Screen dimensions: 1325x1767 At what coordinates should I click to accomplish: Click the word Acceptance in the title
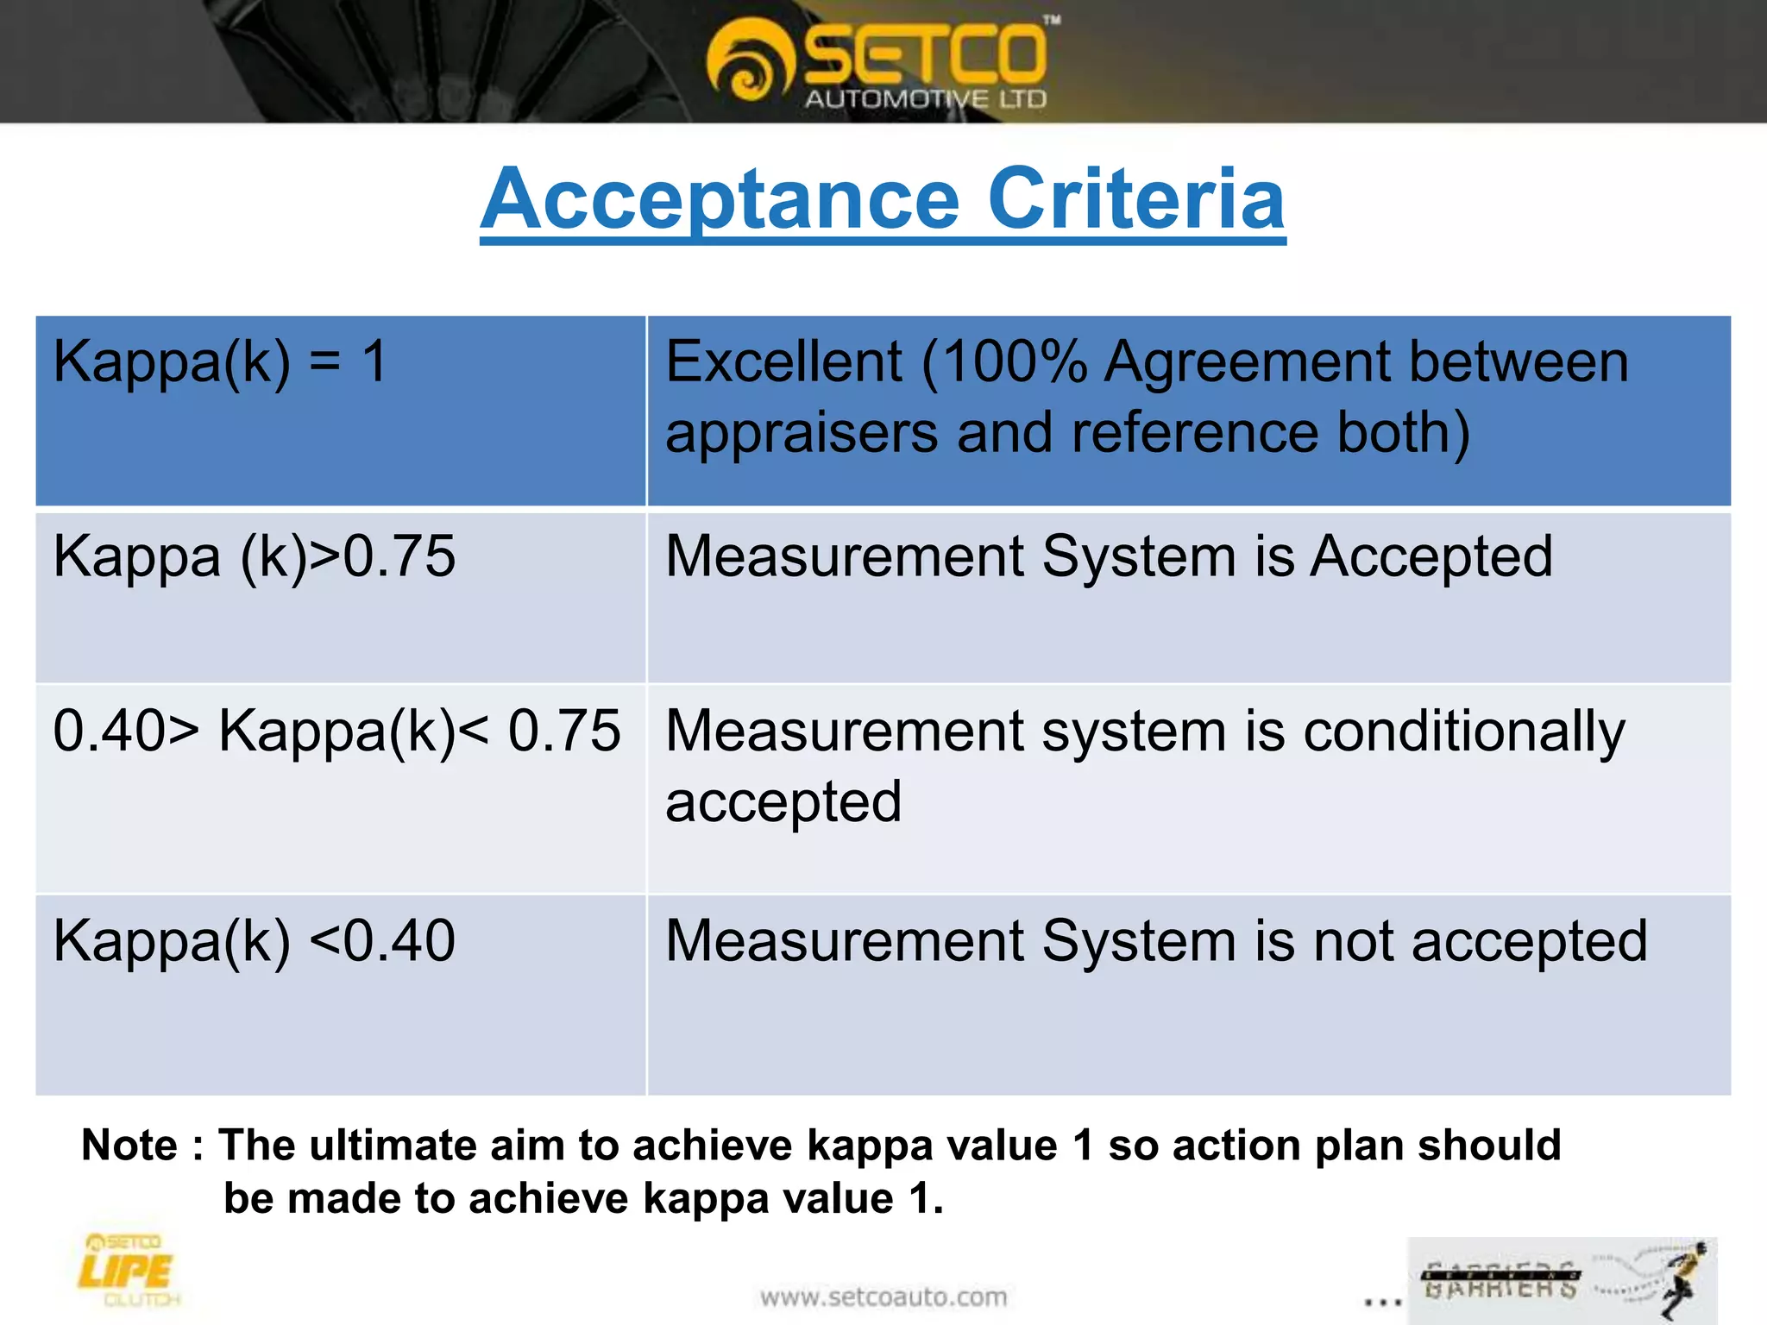[x=720, y=200]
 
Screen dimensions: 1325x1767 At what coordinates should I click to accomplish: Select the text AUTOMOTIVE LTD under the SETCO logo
[x=925, y=99]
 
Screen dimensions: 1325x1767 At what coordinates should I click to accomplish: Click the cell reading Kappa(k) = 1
[x=220, y=361]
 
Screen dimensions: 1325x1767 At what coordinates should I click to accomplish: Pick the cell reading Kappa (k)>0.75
[x=254, y=556]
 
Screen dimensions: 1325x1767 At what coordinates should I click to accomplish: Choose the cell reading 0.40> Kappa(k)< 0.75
[x=336, y=732]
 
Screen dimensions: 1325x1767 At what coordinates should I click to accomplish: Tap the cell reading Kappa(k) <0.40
[x=254, y=941]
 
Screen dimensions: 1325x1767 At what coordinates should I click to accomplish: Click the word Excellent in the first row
[x=783, y=361]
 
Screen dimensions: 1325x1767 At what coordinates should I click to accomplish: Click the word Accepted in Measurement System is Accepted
[x=1431, y=556]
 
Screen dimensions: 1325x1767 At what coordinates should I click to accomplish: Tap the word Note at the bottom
[x=129, y=1146]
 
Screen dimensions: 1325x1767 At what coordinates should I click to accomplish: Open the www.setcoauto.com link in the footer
[x=883, y=1297]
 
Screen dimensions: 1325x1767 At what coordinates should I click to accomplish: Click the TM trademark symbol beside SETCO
[x=1052, y=19]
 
